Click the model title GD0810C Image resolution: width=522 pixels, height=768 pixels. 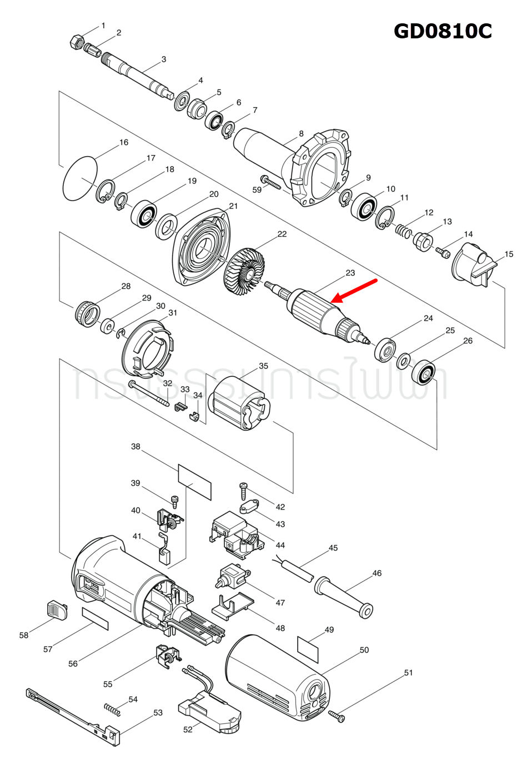click(443, 31)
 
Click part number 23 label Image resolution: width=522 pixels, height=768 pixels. click(350, 273)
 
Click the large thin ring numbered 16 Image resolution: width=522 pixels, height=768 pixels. click(80, 178)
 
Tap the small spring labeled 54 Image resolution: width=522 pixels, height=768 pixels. click(112, 709)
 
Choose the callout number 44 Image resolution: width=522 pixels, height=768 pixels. click(280, 545)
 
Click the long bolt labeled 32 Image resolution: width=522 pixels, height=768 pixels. click(149, 393)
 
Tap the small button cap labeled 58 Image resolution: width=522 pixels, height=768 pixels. click(56, 609)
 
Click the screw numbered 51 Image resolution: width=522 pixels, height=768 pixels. click(337, 716)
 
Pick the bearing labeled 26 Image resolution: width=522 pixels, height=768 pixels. click(423, 372)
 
